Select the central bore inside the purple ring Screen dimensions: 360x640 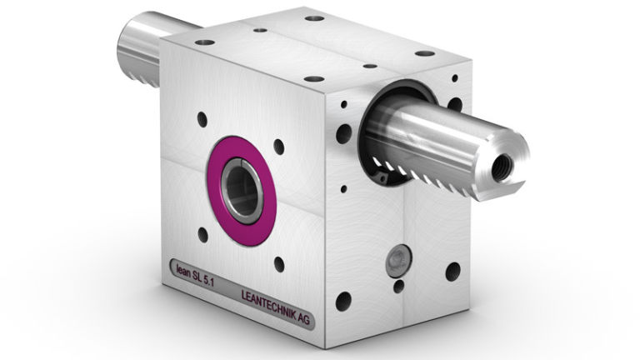pos(242,189)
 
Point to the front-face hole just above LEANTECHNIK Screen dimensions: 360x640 pos(278,265)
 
